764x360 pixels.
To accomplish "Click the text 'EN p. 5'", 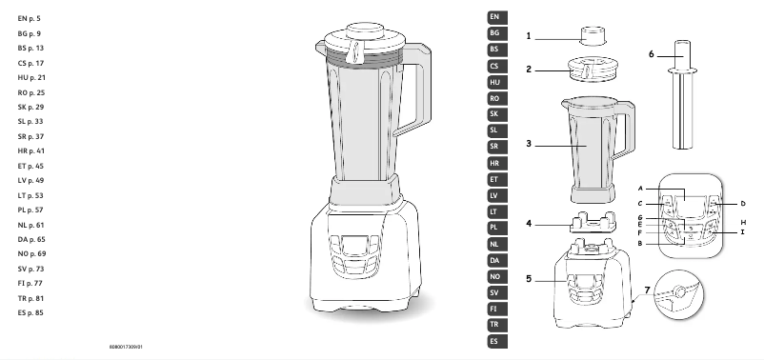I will point(30,18).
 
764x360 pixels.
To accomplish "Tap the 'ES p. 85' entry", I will point(31,312).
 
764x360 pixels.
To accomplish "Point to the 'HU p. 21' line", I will point(31,76).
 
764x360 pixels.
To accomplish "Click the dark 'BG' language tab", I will point(493,33).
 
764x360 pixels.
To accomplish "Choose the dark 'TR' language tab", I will point(493,325).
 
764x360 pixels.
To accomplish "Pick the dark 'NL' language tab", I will point(493,244).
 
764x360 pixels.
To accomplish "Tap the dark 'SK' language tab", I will point(493,114).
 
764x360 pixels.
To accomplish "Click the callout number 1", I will point(528,36).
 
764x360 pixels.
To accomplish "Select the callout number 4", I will point(528,226).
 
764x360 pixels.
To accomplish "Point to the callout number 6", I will point(652,55).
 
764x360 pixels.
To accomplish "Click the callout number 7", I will point(647,289).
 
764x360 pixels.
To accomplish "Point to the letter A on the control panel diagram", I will point(642,189).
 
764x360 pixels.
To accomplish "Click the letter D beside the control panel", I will point(743,203).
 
